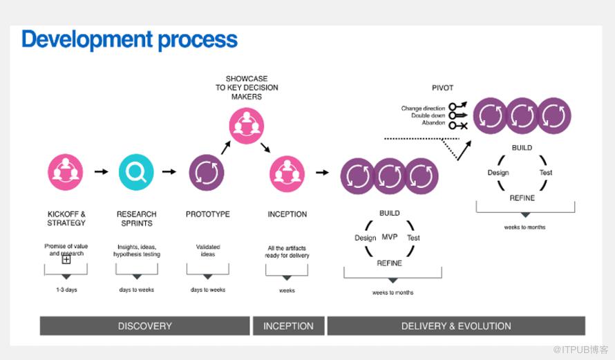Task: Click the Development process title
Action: [129, 39]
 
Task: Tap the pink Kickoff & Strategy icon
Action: [66, 171]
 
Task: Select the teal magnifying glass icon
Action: [135, 171]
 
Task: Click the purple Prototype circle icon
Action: [207, 171]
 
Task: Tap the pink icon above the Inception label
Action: [286, 171]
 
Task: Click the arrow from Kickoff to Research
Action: [101, 171]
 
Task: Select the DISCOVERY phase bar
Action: [144, 326]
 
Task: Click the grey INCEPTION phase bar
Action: [288, 326]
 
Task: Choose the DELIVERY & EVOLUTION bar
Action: [456, 326]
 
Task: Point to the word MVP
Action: [390, 237]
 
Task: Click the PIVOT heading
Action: [442, 88]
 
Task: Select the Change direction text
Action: [423, 108]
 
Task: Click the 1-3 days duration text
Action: [66, 290]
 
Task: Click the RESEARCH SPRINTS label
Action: [136, 218]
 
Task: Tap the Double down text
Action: [428, 116]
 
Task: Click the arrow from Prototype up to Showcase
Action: [226, 146]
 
